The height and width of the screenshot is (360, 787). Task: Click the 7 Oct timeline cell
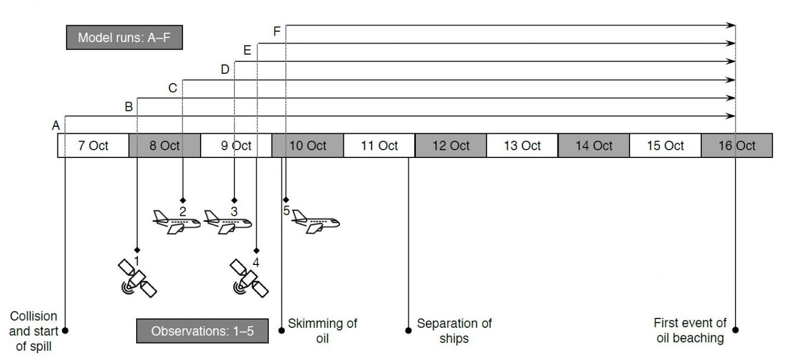pyautogui.click(x=93, y=145)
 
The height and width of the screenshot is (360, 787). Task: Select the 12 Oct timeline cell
pyautogui.click(x=451, y=145)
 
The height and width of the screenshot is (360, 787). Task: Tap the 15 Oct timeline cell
pyautogui.click(x=665, y=145)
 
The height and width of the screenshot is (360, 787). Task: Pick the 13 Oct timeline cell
pyautogui.click(x=522, y=145)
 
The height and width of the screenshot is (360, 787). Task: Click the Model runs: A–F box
pyautogui.click(x=125, y=37)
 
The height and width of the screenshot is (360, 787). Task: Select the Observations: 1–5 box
pyautogui.click(x=202, y=331)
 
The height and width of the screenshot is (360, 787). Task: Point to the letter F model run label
pyautogui.click(x=277, y=31)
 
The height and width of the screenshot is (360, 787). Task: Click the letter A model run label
pyautogui.click(x=56, y=126)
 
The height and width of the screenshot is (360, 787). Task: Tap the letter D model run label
pyautogui.click(x=225, y=69)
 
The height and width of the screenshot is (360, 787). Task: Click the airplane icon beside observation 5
pyautogui.click(x=315, y=221)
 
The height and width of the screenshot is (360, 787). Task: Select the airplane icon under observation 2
pyautogui.click(x=177, y=222)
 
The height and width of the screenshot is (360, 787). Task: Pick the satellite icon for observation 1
pyautogui.click(x=137, y=278)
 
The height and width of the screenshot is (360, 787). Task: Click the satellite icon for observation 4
pyautogui.click(x=249, y=278)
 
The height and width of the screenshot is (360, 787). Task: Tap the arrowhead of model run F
pyautogui.click(x=731, y=25)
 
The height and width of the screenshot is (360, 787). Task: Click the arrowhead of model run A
pyautogui.click(x=731, y=116)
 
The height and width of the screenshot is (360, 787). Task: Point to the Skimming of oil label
pyautogui.click(x=322, y=331)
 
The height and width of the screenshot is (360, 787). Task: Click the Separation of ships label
pyautogui.click(x=454, y=331)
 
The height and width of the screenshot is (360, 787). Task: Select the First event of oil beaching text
pyautogui.click(x=690, y=330)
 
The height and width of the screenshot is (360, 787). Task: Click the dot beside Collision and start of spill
pyautogui.click(x=65, y=331)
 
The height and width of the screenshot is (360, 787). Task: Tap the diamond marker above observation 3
pyautogui.click(x=234, y=200)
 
